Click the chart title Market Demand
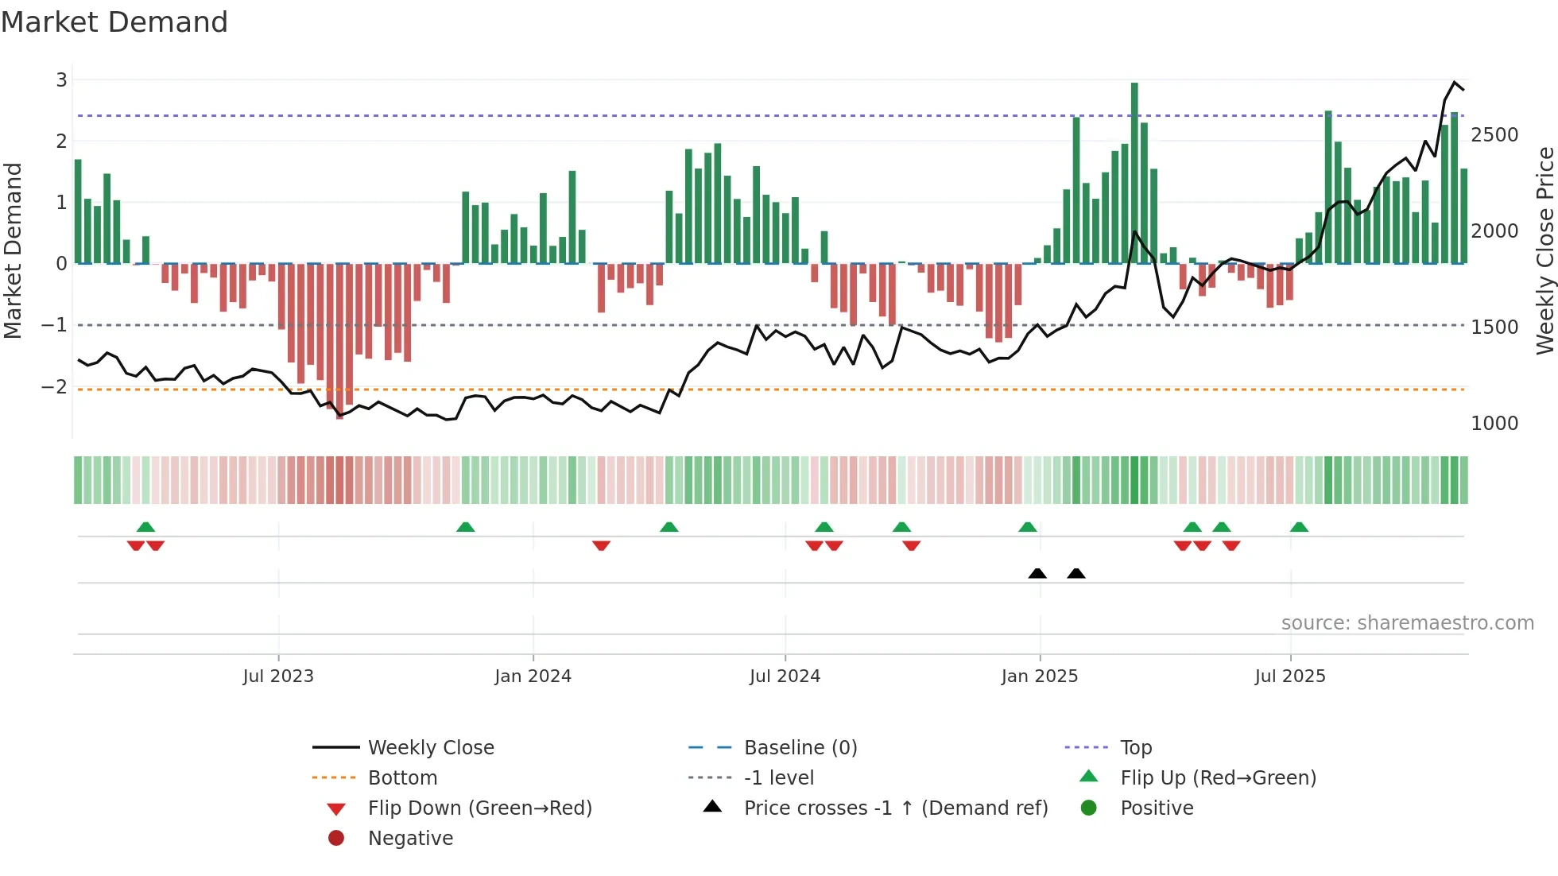(114, 22)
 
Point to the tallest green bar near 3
(1134, 172)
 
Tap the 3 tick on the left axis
(62, 79)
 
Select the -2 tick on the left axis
(55, 386)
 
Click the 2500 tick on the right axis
(1494, 134)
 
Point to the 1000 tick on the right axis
(1494, 423)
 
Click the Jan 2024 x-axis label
(533, 676)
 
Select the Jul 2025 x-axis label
(1290, 676)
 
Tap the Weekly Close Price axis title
(1544, 250)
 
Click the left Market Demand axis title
(13, 250)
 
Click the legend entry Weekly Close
(430, 747)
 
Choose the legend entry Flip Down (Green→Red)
(479, 808)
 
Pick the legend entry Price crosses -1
(895, 808)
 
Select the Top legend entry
(1136, 747)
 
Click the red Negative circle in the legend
(336, 838)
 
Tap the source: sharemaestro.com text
(1407, 622)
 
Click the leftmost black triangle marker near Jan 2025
(1037, 573)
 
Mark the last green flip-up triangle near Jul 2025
(1299, 527)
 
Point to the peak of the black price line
(1455, 83)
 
